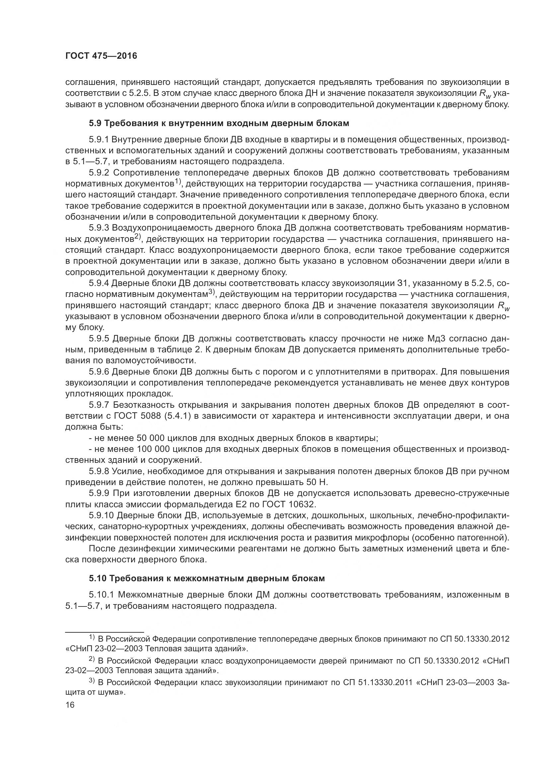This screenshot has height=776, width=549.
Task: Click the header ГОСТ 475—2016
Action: pyautogui.click(x=101, y=56)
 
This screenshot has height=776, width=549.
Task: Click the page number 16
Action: pyautogui.click(x=70, y=705)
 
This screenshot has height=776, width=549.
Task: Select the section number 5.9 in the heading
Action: pyautogui.click(x=95, y=123)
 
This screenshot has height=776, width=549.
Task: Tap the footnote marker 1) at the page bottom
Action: pyautogui.click(x=92, y=637)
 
